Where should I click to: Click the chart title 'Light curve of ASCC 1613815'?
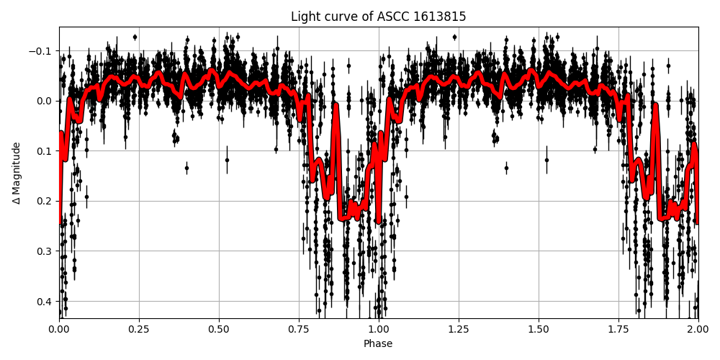coord(378,17)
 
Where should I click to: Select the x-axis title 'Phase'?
coord(378,344)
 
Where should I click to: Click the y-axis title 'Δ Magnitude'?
coord(17,173)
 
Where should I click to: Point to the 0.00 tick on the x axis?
coord(59,330)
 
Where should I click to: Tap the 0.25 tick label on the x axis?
coord(139,330)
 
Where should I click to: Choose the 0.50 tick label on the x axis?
coord(219,330)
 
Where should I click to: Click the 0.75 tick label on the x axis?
coord(299,330)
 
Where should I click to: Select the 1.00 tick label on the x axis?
coord(379,330)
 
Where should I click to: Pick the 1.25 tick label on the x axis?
coord(459,330)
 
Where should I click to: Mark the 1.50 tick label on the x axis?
coord(539,330)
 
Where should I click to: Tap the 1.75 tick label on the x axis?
coord(618,330)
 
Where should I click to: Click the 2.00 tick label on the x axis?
coord(698,330)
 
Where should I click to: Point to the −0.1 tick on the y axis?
coord(42,50)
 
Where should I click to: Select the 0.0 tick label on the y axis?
coord(45,101)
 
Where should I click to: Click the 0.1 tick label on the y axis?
coord(45,150)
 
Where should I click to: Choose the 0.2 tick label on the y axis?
coord(45,201)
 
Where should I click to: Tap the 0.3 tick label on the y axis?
coord(45,251)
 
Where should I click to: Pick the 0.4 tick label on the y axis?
coord(45,301)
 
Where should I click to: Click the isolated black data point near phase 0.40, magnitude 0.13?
coord(186,168)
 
